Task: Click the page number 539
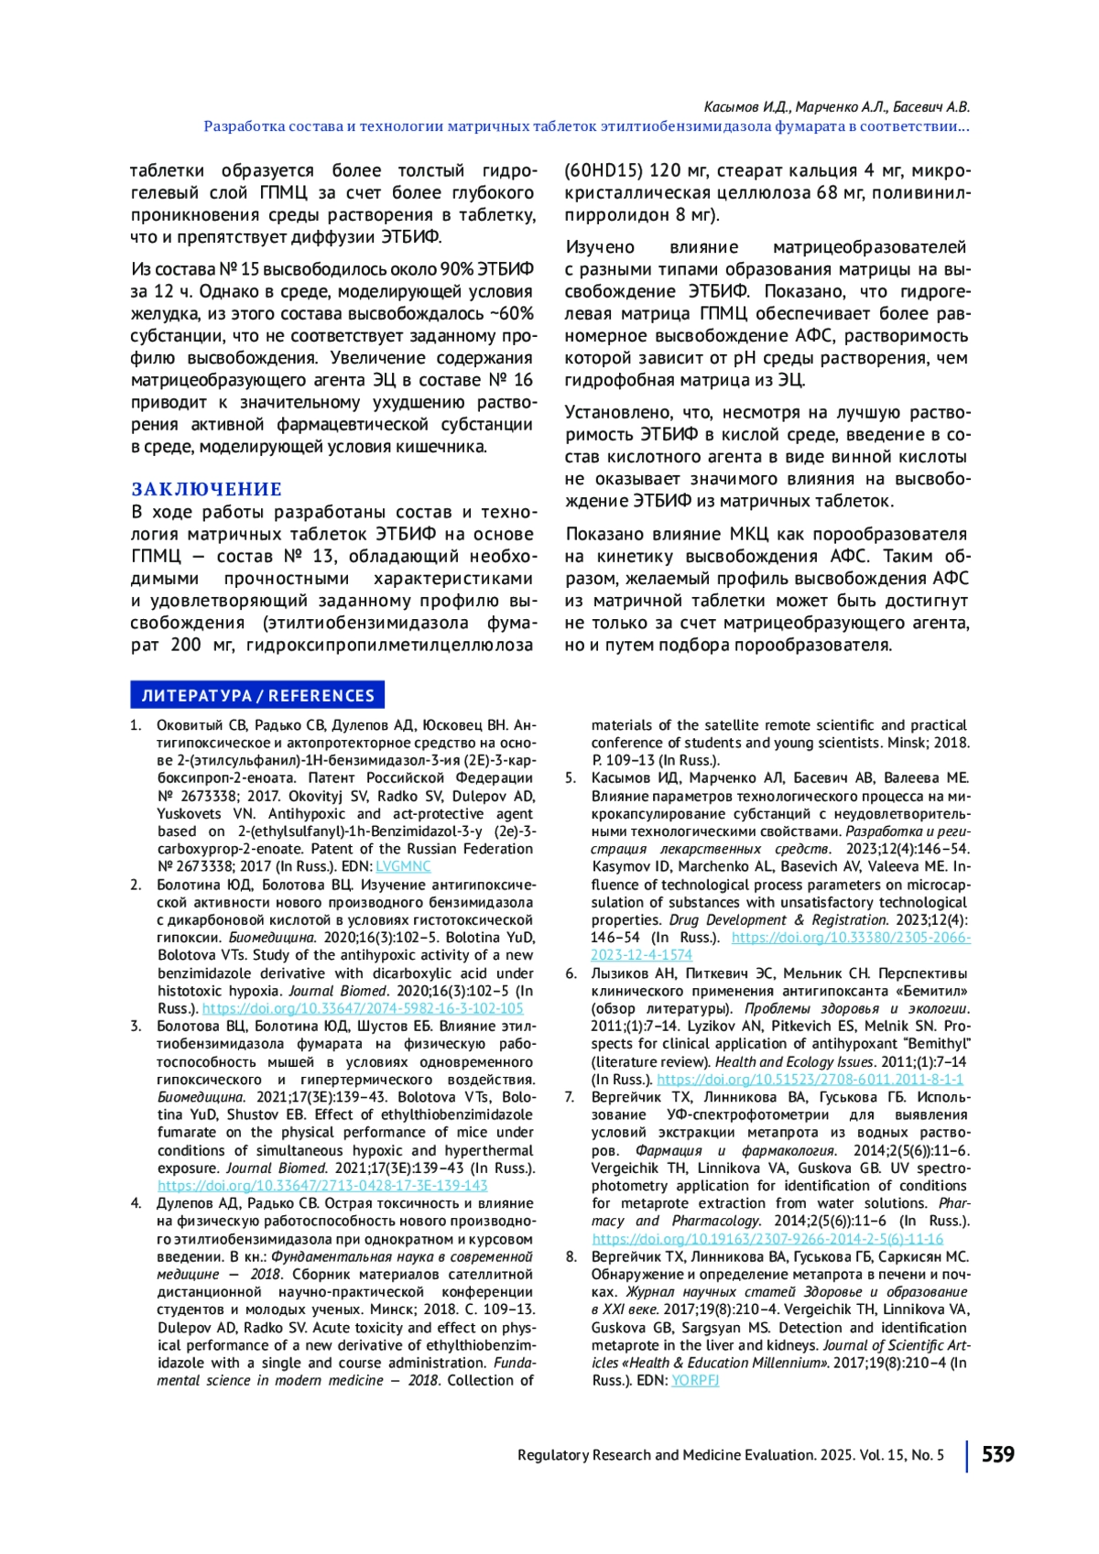[x=997, y=1454]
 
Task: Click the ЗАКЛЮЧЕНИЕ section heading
[x=206, y=489]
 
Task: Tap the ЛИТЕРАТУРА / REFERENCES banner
[x=257, y=695]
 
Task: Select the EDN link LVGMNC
[x=403, y=866]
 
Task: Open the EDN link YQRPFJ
[x=695, y=1380]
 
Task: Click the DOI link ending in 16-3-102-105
[x=363, y=1008]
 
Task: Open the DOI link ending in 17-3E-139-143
[x=322, y=1185]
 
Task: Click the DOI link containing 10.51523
[x=810, y=1079]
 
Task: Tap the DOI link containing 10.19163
[x=767, y=1238]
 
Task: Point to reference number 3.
[x=136, y=1027]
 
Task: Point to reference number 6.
[x=571, y=973]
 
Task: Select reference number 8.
[x=571, y=1256]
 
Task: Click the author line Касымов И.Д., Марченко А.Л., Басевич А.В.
[x=836, y=107]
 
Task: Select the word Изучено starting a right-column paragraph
[x=600, y=247]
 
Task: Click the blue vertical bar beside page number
[x=966, y=1455]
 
